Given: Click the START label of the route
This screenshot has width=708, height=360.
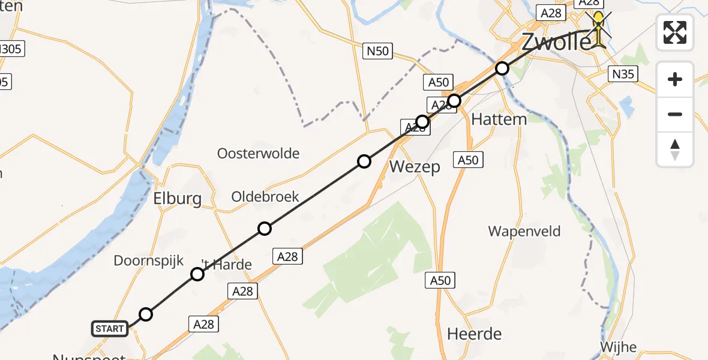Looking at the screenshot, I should [110, 328].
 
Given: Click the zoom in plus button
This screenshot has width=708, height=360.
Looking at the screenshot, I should [675, 79].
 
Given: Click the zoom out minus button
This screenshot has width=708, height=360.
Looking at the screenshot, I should [675, 114].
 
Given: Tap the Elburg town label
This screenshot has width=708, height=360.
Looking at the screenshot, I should [177, 199].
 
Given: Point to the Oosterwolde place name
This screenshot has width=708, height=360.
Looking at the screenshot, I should [258, 154].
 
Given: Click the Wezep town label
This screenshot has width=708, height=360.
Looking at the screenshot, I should [415, 167].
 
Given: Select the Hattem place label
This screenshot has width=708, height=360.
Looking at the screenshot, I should [499, 119].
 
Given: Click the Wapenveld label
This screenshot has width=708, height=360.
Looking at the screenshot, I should [524, 231].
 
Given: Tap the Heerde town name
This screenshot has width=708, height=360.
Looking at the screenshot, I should [475, 334].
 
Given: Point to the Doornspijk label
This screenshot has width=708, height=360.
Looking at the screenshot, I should [149, 260].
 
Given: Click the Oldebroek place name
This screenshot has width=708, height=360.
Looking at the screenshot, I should [265, 197].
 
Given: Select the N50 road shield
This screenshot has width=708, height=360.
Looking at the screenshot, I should [378, 51].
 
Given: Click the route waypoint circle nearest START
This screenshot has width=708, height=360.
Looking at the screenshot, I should [146, 314].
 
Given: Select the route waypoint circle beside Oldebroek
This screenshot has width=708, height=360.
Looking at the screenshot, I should [265, 228].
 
